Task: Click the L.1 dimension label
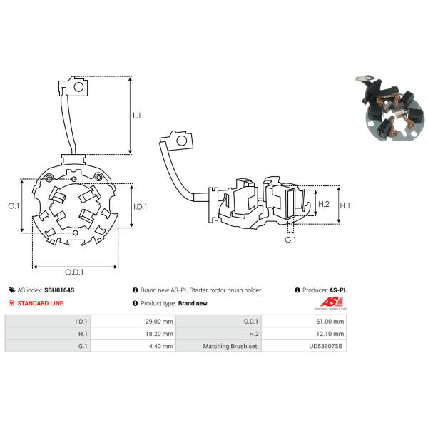[x=137, y=116]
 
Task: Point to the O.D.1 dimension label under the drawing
[x=74, y=272]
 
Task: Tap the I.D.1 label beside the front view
[x=141, y=207]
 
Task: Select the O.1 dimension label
[x=14, y=206]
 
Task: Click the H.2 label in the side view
[x=324, y=204]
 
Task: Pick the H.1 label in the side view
[x=345, y=205]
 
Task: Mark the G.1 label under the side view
[x=290, y=240]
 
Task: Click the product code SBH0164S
[x=59, y=290]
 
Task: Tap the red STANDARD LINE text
[x=40, y=303]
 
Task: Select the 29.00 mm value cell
[x=133, y=321]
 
